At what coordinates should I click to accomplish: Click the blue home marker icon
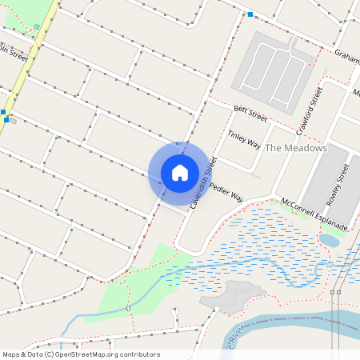click(180, 172)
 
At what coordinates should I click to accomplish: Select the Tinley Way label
click(244, 139)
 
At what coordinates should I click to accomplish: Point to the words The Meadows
click(295, 148)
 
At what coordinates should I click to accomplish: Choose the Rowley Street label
click(338, 183)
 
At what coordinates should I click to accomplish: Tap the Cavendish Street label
click(203, 182)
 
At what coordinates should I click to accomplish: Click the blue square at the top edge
click(250, 14)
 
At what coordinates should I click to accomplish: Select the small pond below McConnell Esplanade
click(329, 239)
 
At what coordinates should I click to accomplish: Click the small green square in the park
click(37, 27)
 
